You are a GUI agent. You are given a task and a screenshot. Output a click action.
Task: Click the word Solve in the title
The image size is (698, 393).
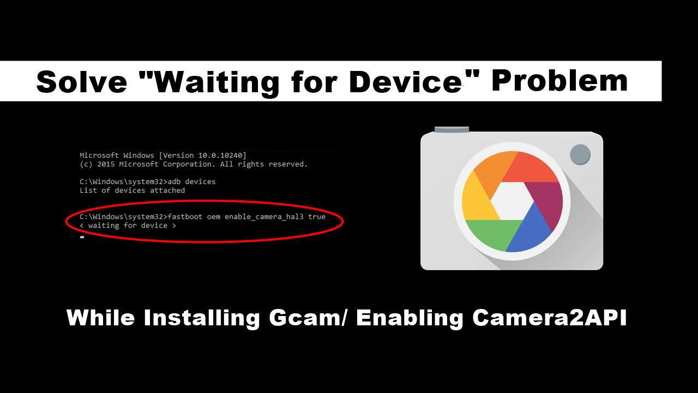(x=82, y=82)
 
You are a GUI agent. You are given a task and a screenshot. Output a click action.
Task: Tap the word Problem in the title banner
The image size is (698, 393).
(x=559, y=81)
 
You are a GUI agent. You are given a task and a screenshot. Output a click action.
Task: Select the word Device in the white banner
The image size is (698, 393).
(x=405, y=82)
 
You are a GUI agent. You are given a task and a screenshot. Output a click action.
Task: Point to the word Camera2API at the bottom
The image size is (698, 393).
(x=550, y=318)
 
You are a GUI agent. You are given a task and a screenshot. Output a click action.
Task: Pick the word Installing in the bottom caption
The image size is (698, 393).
(x=202, y=318)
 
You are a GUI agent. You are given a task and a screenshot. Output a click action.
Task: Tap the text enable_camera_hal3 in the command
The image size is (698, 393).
(x=264, y=217)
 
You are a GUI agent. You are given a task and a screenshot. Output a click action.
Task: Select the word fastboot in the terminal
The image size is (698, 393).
(x=185, y=217)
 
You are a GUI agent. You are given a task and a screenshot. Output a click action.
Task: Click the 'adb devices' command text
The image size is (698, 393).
(x=191, y=182)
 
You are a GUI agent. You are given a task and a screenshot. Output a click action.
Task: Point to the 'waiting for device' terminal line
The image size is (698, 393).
(x=128, y=225)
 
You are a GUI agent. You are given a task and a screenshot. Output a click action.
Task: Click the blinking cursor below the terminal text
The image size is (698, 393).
(x=82, y=237)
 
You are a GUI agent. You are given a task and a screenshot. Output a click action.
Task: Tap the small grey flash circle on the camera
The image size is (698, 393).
(x=580, y=154)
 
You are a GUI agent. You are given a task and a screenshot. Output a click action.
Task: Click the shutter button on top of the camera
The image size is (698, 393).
(x=452, y=129)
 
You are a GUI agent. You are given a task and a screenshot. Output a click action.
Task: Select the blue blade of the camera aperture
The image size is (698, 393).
(x=529, y=229)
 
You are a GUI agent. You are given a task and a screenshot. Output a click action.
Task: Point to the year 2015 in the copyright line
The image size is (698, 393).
(x=106, y=164)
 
